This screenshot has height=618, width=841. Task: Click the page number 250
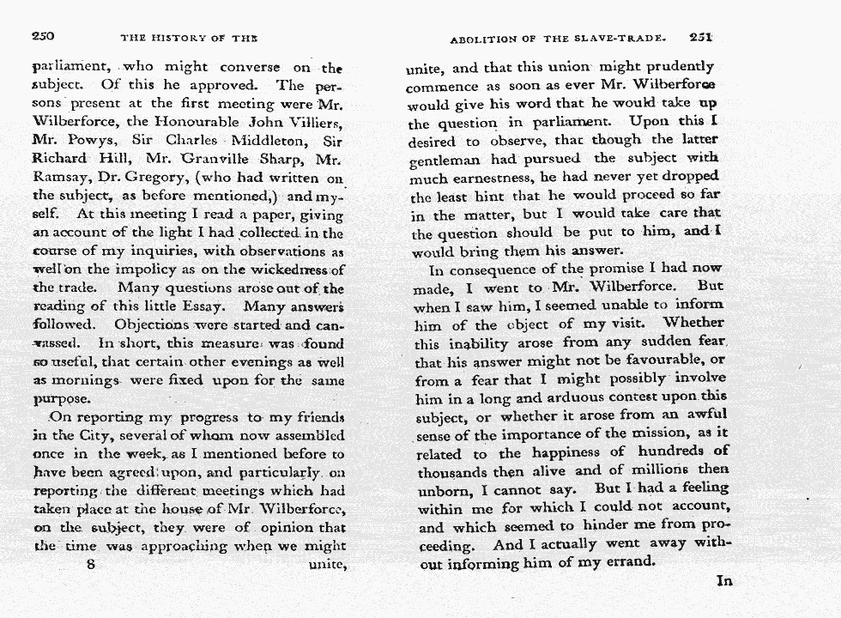tap(43, 36)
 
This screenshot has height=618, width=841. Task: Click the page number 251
tap(700, 37)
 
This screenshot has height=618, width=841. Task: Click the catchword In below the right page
tap(724, 581)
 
